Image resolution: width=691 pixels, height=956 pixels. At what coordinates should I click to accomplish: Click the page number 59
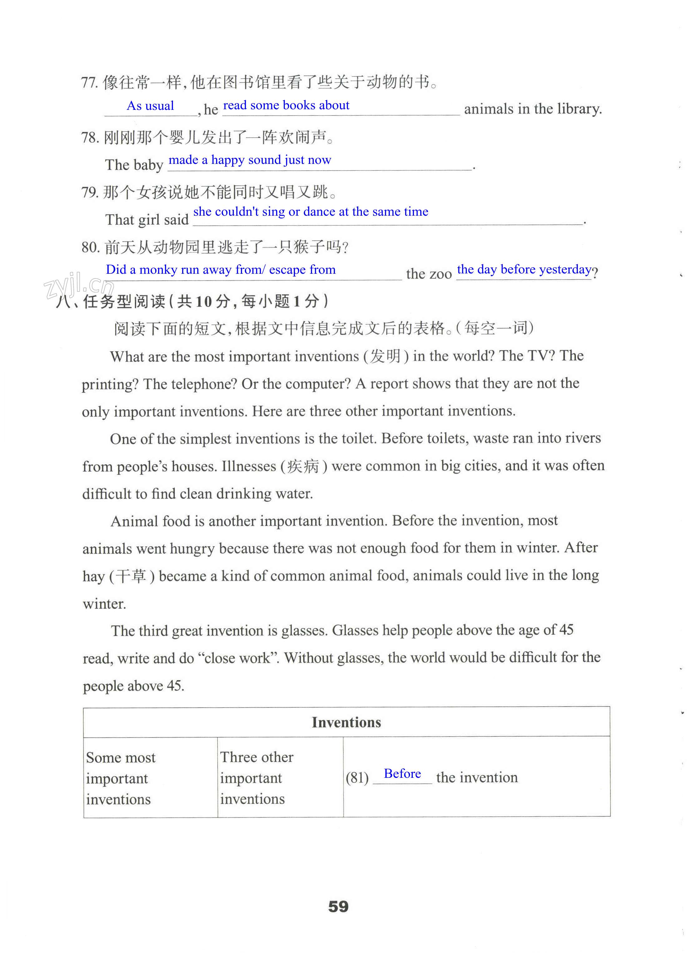338,906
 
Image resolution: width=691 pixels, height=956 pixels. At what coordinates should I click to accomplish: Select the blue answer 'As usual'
151,105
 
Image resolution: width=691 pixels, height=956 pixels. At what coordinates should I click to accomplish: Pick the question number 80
90,248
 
